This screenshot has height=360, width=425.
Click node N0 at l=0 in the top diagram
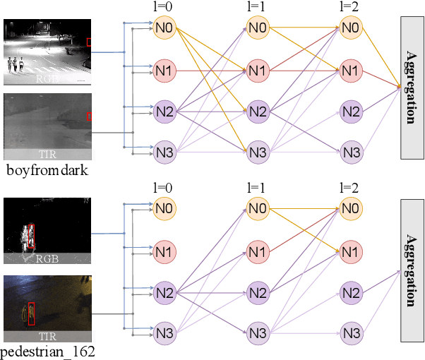[164, 30]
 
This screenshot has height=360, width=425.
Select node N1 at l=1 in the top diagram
[258, 71]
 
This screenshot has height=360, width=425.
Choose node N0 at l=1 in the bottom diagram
[258, 208]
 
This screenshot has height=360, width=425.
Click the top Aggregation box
[411, 86]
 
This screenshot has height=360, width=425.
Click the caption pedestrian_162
[47, 351]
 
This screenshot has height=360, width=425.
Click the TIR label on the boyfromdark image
[47, 154]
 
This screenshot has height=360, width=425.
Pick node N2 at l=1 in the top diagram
[258, 111]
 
